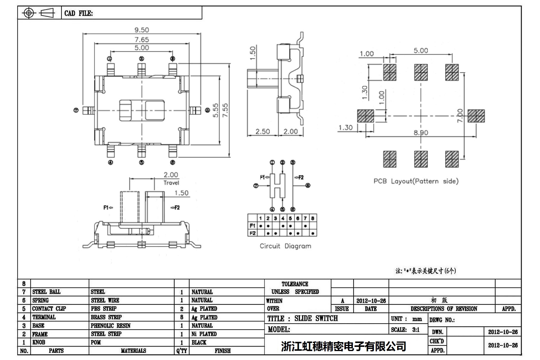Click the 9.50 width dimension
pyautogui.click(x=142, y=30)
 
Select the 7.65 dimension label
pyautogui.click(x=142, y=39)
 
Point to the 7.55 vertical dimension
pyautogui.click(x=225, y=110)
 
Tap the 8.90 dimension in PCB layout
pyautogui.click(x=421, y=133)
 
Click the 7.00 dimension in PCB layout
pyautogui.click(x=460, y=115)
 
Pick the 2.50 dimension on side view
pyautogui.click(x=263, y=132)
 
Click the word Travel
pyautogui.click(x=171, y=183)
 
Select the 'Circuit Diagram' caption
pyautogui.click(x=285, y=246)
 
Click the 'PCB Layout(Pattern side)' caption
pyautogui.click(x=416, y=181)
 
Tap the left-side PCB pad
pyautogui.click(x=366, y=116)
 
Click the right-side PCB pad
pyautogui.click(x=476, y=116)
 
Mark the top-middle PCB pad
pyautogui.click(x=421, y=72)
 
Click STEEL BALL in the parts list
pyautogui.click(x=47, y=292)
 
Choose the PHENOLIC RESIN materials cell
pyautogui.click(x=111, y=326)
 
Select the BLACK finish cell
pyautogui.click(x=199, y=342)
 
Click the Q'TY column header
pyautogui.click(x=182, y=351)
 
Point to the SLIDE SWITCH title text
pyautogui.click(x=316, y=319)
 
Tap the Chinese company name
pyautogui.click(x=344, y=346)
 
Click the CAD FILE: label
pyautogui.click(x=79, y=13)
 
